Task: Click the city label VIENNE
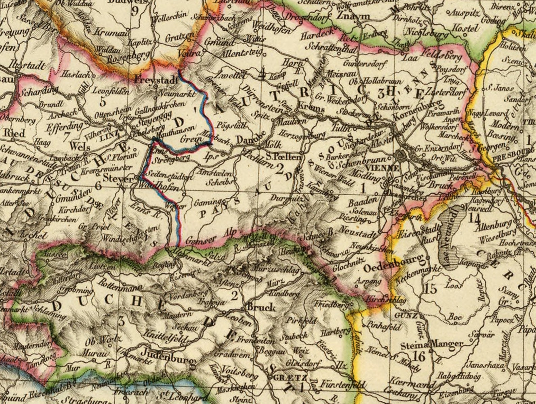tap(378, 168)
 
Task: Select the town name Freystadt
tap(156, 80)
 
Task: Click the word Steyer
tap(118, 178)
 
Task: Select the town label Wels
tap(80, 147)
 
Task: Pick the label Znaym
tap(348, 16)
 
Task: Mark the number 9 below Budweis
tap(135, 11)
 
